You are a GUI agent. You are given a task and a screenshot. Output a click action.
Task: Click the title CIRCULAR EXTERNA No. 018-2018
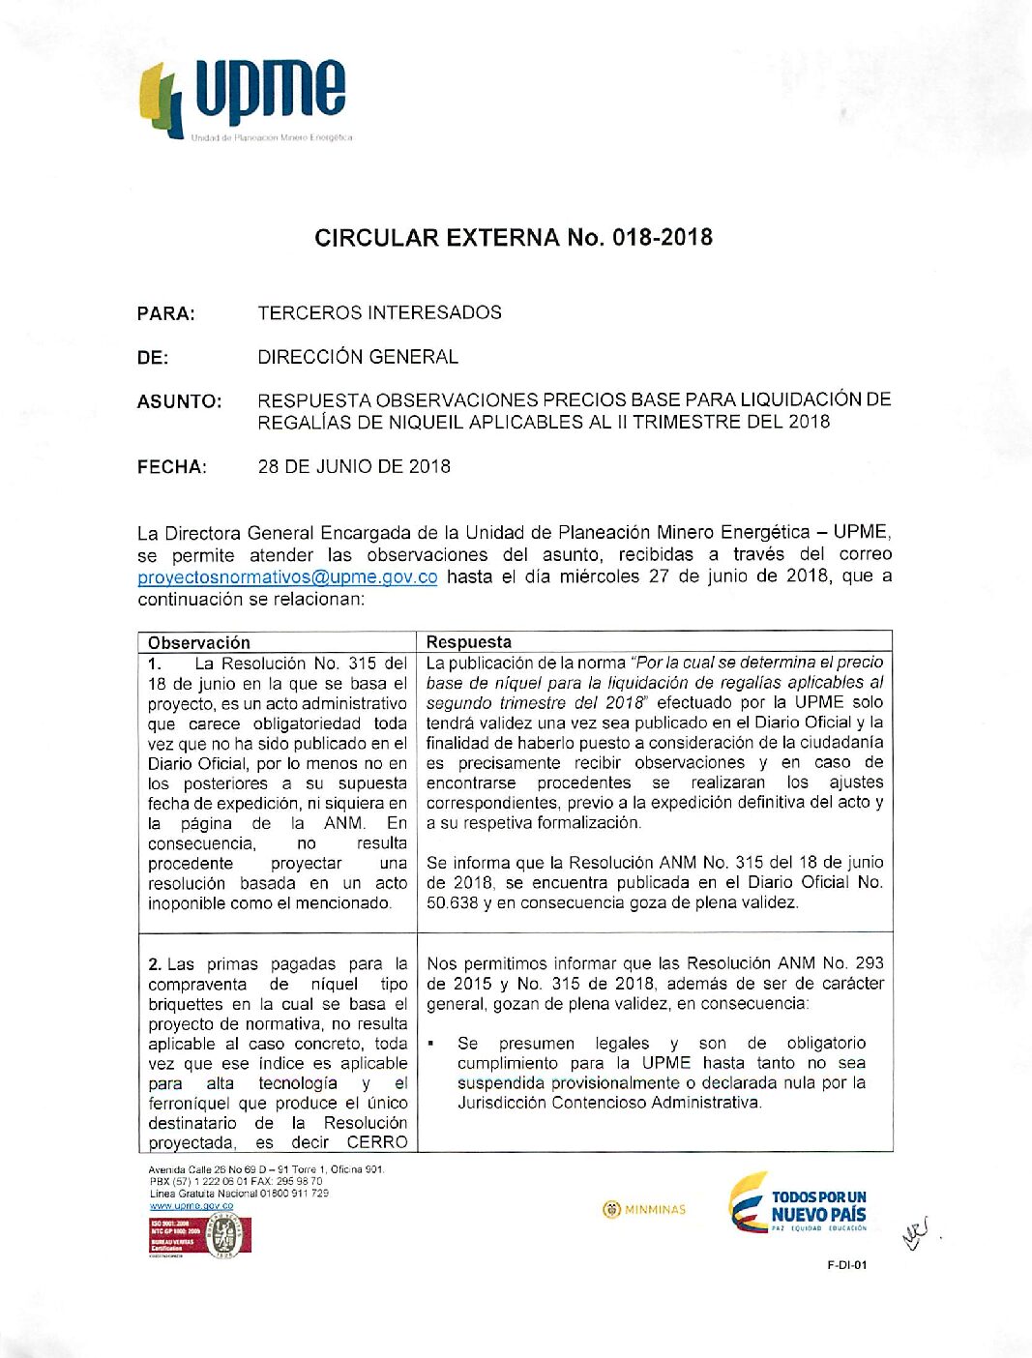pyautogui.click(x=514, y=238)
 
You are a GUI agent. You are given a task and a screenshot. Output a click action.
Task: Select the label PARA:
pyautogui.click(x=166, y=313)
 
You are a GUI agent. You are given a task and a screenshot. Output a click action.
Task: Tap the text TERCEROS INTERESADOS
pyautogui.click(x=379, y=312)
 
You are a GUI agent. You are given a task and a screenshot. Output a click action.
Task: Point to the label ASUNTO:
pyautogui.click(x=179, y=401)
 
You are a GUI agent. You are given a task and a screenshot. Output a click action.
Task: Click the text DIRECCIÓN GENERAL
pyautogui.click(x=358, y=357)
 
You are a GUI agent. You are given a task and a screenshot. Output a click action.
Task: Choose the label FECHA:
pyautogui.click(x=172, y=467)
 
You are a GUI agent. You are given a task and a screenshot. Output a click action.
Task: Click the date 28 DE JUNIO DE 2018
pyautogui.click(x=354, y=466)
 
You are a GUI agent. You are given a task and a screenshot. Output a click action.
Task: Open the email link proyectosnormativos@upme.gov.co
pyautogui.click(x=287, y=577)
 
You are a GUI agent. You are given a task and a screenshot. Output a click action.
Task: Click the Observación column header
pyautogui.click(x=199, y=642)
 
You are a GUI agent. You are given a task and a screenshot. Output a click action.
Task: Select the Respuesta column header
pyautogui.click(x=469, y=642)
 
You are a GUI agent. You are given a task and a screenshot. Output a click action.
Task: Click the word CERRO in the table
pyautogui.click(x=377, y=1142)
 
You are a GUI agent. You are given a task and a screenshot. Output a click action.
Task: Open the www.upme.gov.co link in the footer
pyautogui.click(x=192, y=1206)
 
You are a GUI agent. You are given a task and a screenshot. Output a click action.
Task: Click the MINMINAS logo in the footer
pyautogui.click(x=644, y=1209)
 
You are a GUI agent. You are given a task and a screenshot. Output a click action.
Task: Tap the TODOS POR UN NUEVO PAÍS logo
pyautogui.click(x=798, y=1204)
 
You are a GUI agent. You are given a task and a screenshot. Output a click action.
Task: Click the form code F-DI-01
pyautogui.click(x=847, y=1264)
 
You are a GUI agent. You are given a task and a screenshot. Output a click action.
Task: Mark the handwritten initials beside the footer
pyautogui.click(x=916, y=1233)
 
